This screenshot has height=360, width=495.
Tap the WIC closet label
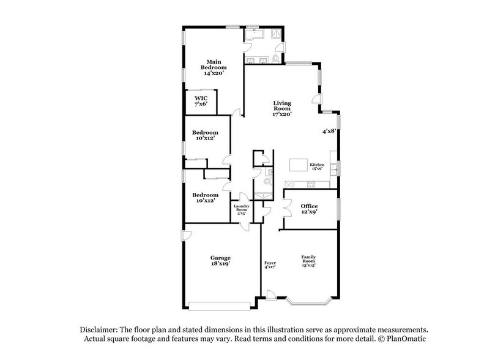pos(201,98)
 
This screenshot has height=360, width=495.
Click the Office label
pos(308,206)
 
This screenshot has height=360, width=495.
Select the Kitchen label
pos(316,165)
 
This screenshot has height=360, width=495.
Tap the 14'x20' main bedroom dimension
pos(214,73)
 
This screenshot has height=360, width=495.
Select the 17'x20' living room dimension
pos(281,114)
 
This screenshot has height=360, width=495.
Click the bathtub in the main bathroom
pos(253,34)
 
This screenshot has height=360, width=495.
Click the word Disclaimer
pos(98,328)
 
